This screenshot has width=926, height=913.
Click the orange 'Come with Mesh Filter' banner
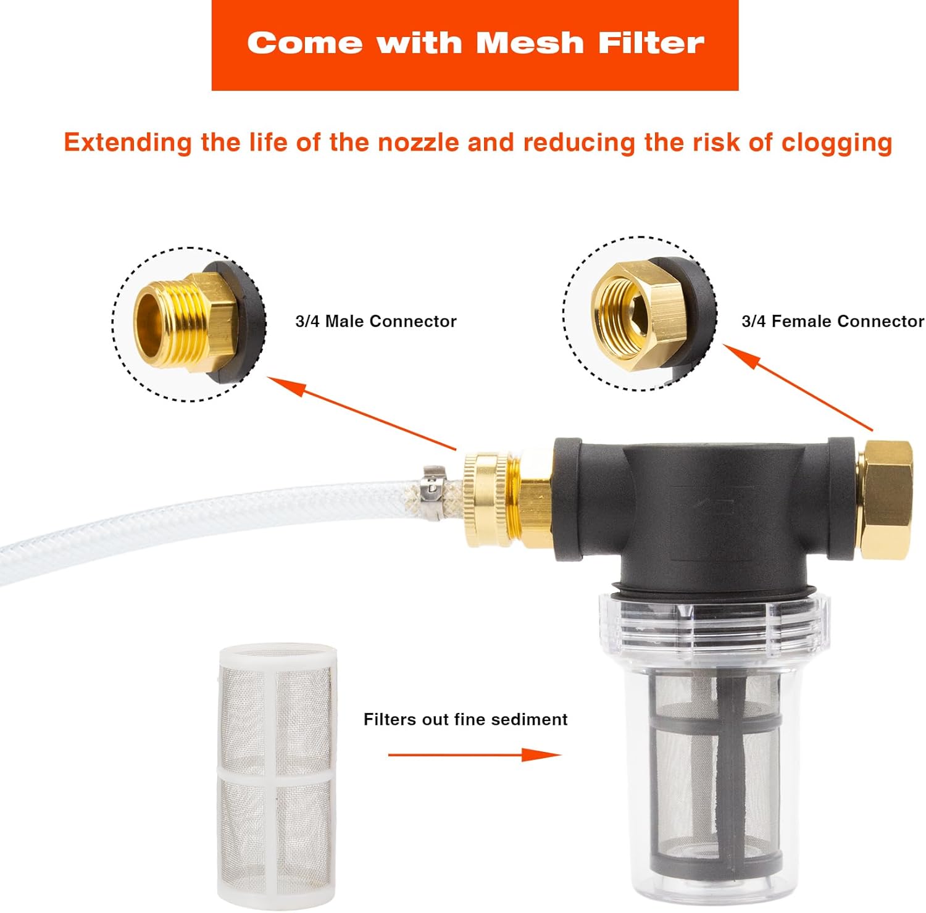pyautogui.click(x=475, y=45)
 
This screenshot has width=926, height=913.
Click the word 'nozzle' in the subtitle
pyautogui.click(x=419, y=143)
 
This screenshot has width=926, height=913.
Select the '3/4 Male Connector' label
pyautogui.click(x=376, y=321)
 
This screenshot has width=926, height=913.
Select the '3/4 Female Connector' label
pyautogui.click(x=833, y=321)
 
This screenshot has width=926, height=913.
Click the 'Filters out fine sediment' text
pyautogui.click(x=465, y=719)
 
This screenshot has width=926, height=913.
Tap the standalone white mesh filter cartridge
pyautogui.click(x=277, y=772)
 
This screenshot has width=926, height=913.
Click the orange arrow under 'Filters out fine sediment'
pyautogui.click(x=474, y=754)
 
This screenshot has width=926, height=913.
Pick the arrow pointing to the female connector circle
pyautogui.click(x=798, y=387)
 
